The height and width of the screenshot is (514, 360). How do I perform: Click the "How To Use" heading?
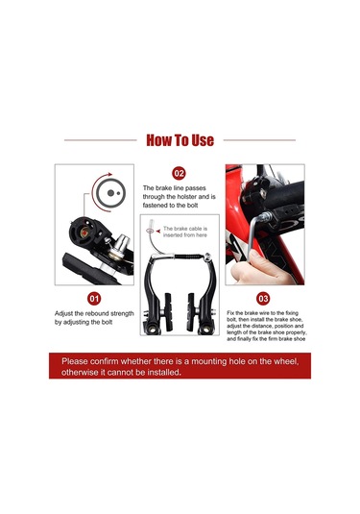[x=180, y=140]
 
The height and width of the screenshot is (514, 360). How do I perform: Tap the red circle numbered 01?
[x=94, y=299]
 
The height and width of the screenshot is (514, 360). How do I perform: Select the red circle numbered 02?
[x=179, y=173]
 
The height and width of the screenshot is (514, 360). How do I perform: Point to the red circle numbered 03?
[x=263, y=299]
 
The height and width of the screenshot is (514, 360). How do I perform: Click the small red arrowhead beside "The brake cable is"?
[x=158, y=232]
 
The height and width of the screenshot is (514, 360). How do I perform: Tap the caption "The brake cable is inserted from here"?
[x=185, y=232]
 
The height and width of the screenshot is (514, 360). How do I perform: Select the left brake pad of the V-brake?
[x=168, y=311]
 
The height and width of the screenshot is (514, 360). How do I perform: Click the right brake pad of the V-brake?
[x=190, y=311]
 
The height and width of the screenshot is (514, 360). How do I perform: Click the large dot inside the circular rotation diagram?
[x=110, y=193]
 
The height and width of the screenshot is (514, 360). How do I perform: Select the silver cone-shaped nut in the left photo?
[x=119, y=247]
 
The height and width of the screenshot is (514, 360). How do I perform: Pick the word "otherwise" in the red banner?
[x=79, y=373]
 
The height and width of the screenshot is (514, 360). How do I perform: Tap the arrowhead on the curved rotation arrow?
[x=109, y=175]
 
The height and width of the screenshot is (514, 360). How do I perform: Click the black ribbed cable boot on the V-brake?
[x=188, y=257]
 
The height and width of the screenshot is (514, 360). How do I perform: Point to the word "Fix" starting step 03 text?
[x=230, y=313]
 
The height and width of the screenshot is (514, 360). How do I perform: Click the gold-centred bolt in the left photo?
[x=84, y=233]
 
